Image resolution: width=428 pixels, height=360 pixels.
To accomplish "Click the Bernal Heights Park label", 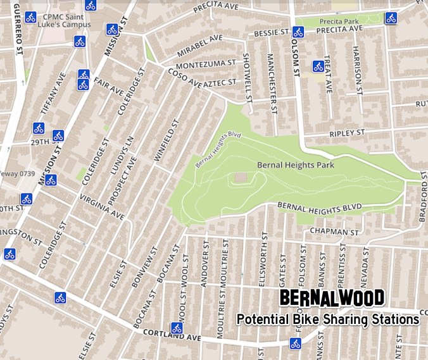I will click(296, 165).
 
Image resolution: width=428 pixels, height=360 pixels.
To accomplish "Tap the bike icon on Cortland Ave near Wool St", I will click(177, 328).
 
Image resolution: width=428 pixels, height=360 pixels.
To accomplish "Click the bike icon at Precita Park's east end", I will click(391, 17).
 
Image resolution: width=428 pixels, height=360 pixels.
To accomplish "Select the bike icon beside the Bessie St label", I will click(298, 31).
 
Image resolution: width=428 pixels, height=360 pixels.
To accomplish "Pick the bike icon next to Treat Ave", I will click(318, 66).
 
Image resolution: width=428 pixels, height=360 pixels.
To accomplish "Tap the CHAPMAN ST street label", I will click(330, 232).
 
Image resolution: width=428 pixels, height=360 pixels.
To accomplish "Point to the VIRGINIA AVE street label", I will click(102, 207).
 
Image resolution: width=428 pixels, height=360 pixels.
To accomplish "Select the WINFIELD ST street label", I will click(163, 143).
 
